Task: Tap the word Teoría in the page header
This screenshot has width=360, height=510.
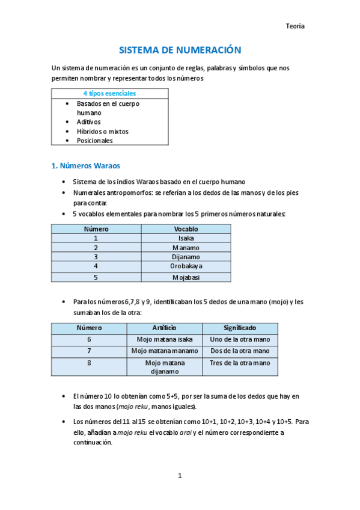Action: (295, 26)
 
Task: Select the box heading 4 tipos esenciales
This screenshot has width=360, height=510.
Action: (109, 93)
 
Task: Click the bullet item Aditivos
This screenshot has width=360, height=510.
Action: (89, 122)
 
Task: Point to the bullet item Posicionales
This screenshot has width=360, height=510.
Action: (94, 141)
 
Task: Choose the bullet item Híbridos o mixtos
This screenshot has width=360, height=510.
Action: (102, 131)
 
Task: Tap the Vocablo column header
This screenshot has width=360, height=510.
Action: (186, 229)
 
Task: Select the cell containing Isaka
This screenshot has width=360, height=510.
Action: (186, 238)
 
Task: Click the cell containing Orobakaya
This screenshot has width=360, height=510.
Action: (186, 265)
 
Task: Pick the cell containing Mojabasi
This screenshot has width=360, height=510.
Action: (186, 277)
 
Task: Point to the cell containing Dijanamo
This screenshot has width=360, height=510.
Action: (186, 256)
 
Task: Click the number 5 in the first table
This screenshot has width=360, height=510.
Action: (96, 277)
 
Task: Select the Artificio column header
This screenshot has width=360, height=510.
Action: (164, 328)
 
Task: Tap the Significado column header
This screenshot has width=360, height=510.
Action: (240, 328)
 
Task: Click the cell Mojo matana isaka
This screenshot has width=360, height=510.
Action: (164, 339)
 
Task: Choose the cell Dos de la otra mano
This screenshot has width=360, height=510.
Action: (240, 351)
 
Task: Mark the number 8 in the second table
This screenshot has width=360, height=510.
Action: (89, 363)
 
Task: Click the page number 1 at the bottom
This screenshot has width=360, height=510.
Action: (180, 476)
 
